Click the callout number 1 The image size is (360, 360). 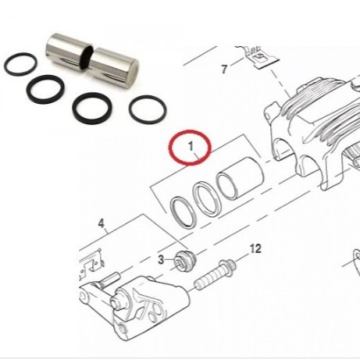[x=191, y=146]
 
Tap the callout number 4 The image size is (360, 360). [x=102, y=223]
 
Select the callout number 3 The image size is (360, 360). [x=161, y=259]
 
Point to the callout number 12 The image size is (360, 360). [x=255, y=249]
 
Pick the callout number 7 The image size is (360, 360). [x=224, y=70]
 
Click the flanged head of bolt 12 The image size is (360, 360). [x=227, y=266]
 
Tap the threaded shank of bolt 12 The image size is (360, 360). [x=209, y=279]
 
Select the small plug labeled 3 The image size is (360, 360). [x=185, y=261]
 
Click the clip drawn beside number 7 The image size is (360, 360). [x=261, y=58]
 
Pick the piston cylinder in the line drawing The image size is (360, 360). [x=241, y=177]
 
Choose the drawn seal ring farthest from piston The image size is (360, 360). [x=183, y=212]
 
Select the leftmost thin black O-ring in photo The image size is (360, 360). [x=20, y=64]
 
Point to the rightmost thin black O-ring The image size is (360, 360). [x=148, y=109]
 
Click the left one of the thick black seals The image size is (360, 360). [x=45, y=89]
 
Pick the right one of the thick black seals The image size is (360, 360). [x=92, y=108]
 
